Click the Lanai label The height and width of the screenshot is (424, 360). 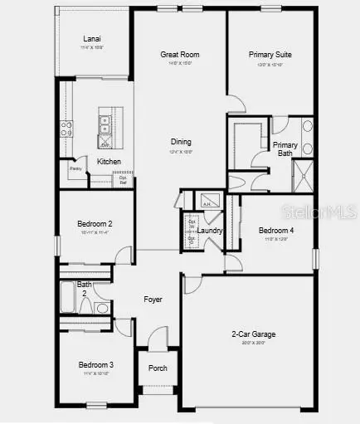coord(91,39)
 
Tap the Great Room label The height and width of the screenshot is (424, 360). coord(180,55)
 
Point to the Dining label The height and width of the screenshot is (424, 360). coord(182,142)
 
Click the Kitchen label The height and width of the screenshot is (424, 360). coord(109,161)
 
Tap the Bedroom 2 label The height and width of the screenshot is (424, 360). coord(95,224)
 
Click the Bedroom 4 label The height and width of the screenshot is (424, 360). coord(275,231)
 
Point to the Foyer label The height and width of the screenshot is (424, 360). coord(153,299)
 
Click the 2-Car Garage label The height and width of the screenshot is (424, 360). coord(253,334)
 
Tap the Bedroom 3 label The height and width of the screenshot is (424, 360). coord(96,364)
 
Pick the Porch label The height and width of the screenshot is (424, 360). coord(158,368)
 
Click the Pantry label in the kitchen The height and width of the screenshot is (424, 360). coord(75,168)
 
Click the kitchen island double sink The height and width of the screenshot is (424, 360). coord(105,125)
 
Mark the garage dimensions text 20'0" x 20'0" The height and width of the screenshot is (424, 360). coord(253,343)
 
